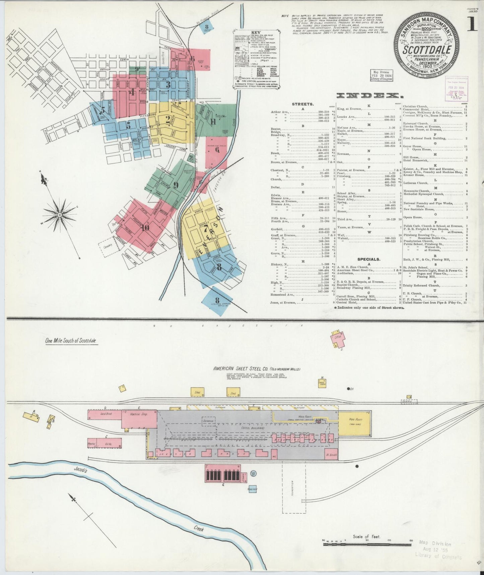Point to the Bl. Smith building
[331, 455]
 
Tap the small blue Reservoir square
[252, 489]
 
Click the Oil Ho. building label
[109, 443]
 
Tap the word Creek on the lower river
[199, 529]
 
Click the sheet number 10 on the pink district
[145, 228]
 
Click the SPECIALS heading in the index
[368, 259]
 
